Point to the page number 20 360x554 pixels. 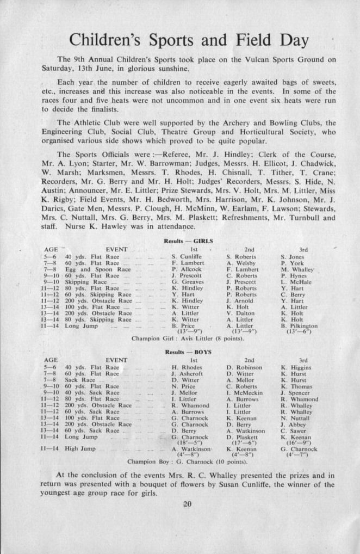(188, 504)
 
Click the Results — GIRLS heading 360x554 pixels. (188, 241)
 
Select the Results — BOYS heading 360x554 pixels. (188, 353)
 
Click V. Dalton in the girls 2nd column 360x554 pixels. (240, 313)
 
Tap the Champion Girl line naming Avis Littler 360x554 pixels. (188, 338)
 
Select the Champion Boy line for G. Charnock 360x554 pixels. (188, 462)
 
